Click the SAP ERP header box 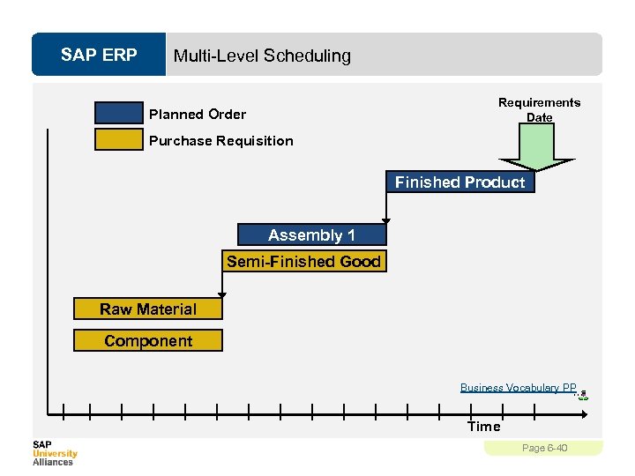pyautogui.click(x=99, y=56)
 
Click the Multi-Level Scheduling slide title pyautogui.click(x=262, y=56)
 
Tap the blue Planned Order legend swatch pyautogui.click(x=119, y=114)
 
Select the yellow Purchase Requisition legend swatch pyautogui.click(x=119, y=140)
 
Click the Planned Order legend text pyautogui.click(x=198, y=115)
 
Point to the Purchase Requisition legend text pyautogui.click(x=220, y=141)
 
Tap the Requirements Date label pyautogui.click(x=539, y=109)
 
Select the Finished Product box pyautogui.click(x=459, y=182)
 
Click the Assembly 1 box pyautogui.click(x=311, y=235)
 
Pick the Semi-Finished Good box pyautogui.click(x=303, y=262)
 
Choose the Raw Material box pyautogui.click(x=147, y=309)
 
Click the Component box pyautogui.click(x=147, y=341)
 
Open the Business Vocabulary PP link pyautogui.click(x=518, y=388)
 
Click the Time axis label pyautogui.click(x=483, y=427)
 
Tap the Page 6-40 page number pyautogui.click(x=544, y=449)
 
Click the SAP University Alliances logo pyautogui.click(x=55, y=453)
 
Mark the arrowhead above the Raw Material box pyautogui.click(x=221, y=294)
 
